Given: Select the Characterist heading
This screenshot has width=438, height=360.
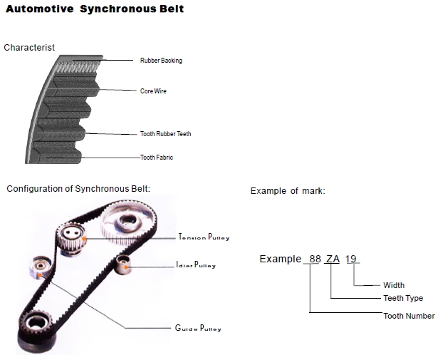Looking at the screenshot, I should pyautogui.click(x=29, y=48).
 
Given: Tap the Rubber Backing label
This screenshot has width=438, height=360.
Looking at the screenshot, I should pyautogui.click(x=161, y=61).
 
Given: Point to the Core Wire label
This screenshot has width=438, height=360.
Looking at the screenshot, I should pyautogui.click(x=153, y=91).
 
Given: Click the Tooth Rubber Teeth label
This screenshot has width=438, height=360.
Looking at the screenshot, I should pyautogui.click(x=165, y=134).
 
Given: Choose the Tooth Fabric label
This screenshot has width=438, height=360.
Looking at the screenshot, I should pyautogui.click(x=157, y=158).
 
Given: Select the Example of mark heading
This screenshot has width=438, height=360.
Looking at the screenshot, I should pyautogui.click(x=288, y=191).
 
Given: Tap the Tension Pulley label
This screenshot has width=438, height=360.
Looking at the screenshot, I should pyautogui.click(x=204, y=237).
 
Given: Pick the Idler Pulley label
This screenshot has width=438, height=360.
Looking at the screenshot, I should pyautogui.click(x=195, y=265).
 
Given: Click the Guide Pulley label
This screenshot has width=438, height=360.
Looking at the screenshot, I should pyautogui.click(x=198, y=329).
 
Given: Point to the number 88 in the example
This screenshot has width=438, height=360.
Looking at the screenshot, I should pyautogui.click(x=313, y=259).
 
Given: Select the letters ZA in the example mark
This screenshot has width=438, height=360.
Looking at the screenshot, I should pyautogui.click(x=333, y=259).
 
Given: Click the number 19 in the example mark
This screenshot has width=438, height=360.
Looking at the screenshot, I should pyautogui.click(x=351, y=259).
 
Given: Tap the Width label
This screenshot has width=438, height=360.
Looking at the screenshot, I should pyautogui.click(x=394, y=285).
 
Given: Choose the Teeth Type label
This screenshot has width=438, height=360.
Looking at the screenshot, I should pyautogui.click(x=403, y=298).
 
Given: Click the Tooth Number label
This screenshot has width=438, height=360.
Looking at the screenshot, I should pyautogui.click(x=409, y=316).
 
